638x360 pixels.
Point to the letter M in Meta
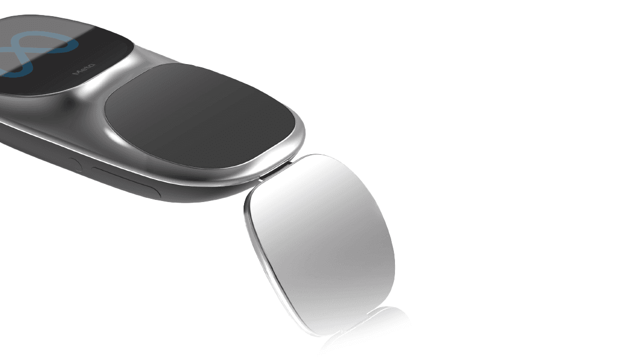(77, 73)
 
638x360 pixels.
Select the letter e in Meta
(83, 70)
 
